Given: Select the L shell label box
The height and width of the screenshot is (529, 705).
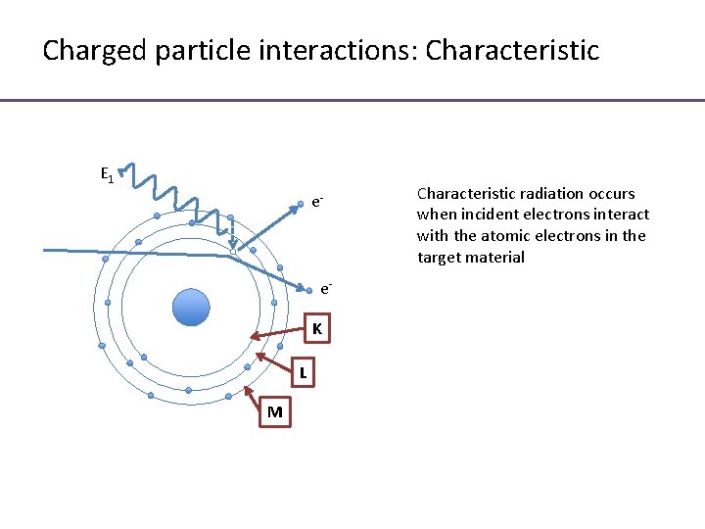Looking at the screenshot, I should point(304,372).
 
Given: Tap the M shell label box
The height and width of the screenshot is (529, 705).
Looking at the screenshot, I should point(274,412).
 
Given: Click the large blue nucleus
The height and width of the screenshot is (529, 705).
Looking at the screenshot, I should point(191,307).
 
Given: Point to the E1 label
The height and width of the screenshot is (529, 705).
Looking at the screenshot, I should point(108,175).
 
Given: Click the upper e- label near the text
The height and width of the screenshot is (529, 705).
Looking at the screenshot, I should point(318,203).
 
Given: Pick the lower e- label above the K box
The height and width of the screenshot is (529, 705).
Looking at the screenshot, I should point(326,289).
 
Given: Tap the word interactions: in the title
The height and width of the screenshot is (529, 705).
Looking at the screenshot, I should point(329,51).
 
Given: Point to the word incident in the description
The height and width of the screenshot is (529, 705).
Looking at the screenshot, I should point(483,215).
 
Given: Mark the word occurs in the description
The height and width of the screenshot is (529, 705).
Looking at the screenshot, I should point(611,193).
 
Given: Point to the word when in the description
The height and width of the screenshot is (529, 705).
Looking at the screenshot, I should point(435,215).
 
